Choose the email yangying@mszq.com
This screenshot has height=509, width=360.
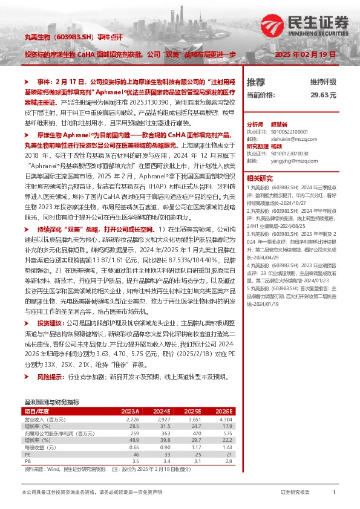click(x=281, y=162)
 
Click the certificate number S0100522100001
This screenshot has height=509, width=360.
click(x=284, y=131)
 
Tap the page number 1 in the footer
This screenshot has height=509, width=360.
click(x=333, y=493)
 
